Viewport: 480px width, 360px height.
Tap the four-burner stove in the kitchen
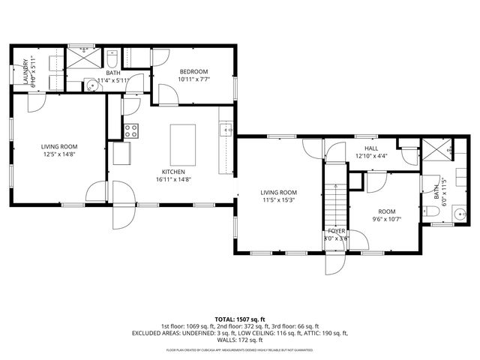tap(131, 130)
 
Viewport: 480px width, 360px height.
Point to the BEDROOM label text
tap(193, 71)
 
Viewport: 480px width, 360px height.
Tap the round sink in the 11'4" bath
tap(92, 84)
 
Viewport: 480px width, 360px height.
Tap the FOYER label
tap(337, 231)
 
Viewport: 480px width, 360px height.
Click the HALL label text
tap(371, 148)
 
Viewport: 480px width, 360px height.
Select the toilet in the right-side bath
tap(436, 213)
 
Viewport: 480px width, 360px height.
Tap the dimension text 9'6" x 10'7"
tap(388, 219)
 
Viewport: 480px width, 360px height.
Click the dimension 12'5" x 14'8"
tap(58, 154)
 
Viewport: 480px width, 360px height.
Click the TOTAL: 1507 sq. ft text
tap(240, 319)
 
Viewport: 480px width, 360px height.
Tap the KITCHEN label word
tap(174, 172)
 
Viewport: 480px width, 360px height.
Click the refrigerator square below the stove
tap(121, 154)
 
